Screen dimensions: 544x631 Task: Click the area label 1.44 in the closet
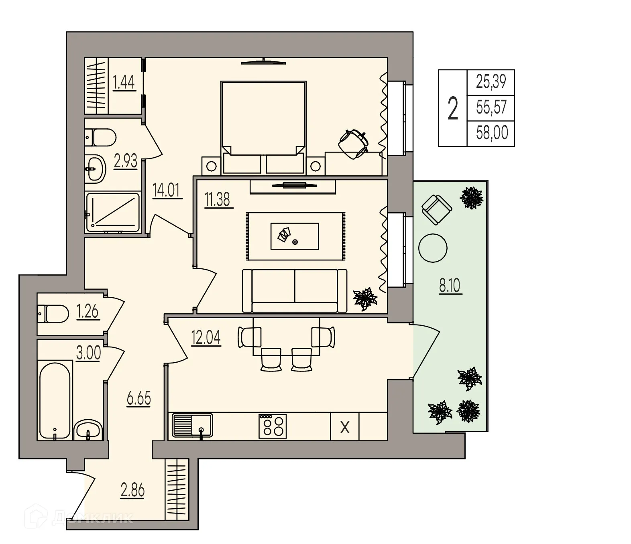[124, 82]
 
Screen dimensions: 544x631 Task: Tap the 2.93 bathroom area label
[125, 161]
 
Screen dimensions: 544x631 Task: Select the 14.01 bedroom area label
[167, 190]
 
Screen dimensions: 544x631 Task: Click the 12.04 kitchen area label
[206, 338]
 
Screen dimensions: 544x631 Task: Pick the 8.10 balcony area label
[450, 286]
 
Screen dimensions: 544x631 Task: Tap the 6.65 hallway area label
[138, 398]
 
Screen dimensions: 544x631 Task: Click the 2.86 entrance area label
[132, 490]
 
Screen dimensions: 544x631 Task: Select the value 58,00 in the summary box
[492, 133]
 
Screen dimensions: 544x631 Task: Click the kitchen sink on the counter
[192, 425]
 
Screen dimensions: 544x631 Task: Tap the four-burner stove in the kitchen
[273, 426]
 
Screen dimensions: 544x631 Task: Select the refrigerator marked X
[344, 427]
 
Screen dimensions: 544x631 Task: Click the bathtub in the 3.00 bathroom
[55, 399]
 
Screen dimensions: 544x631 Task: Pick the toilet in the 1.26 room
[53, 313]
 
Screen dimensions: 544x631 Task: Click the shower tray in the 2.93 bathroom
[113, 213]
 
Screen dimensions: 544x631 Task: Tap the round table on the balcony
[432, 248]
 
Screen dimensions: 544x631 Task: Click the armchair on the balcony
[437, 209]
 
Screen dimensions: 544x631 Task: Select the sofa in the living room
[295, 290]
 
